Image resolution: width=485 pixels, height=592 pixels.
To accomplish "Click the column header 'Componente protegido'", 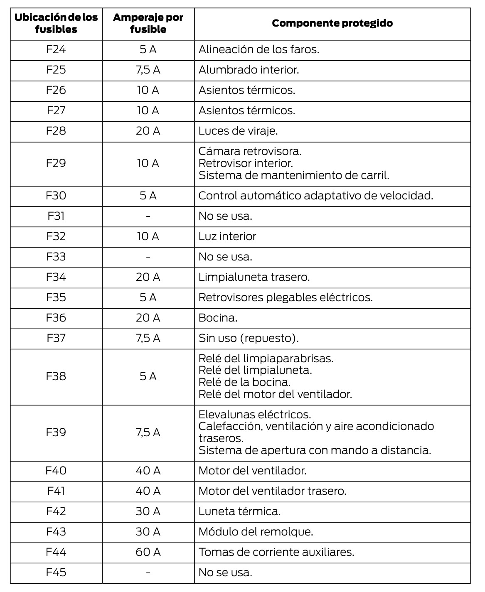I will tap(332, 23).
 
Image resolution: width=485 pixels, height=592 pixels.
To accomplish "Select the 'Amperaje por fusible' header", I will tap(148, 23).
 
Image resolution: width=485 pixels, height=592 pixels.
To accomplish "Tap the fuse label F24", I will tap(56, 50).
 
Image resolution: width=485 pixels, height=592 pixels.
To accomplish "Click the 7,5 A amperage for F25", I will tap(148, 70).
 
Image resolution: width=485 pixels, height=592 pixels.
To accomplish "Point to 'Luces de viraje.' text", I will tap(238, 131).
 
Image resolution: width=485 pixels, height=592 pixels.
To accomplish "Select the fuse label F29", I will tap(56, 163).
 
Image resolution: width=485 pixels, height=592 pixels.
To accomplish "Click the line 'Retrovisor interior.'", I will tap(246, 163).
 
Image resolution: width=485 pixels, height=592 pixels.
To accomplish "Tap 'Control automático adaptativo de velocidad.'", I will tap(315, 196).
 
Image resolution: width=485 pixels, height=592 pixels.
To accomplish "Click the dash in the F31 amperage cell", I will tap(148, 216).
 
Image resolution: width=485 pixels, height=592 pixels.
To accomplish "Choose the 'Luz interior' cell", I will tap(227, 236).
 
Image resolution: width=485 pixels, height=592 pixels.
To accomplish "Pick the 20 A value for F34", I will tap(148, 277).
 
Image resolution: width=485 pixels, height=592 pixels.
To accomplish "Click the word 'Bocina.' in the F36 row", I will tap(218, 318).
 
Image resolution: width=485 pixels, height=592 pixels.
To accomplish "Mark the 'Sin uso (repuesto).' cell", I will tap(249, 338).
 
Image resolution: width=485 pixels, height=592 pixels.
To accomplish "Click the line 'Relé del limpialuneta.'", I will tap(255, 370).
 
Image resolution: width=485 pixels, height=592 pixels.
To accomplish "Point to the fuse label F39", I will tap(56, 432).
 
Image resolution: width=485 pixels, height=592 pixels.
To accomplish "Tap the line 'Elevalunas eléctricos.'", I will tap(255, 415).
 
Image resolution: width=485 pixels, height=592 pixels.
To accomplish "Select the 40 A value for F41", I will tap(148, 491).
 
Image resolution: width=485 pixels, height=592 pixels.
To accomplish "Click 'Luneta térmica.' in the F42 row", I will tap(240, 511).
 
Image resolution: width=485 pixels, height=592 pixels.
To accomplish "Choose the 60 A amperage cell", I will tap(148, 552).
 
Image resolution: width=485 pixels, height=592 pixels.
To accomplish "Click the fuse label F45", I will tap(56, 572).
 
